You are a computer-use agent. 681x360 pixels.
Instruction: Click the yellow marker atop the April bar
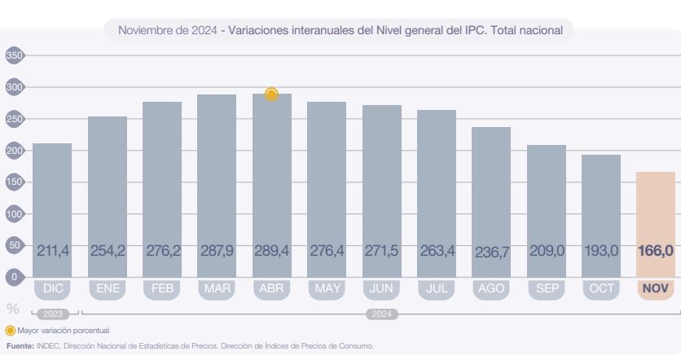coord(271,94)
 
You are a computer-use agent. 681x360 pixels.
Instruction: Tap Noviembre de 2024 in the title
coord(167,31)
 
